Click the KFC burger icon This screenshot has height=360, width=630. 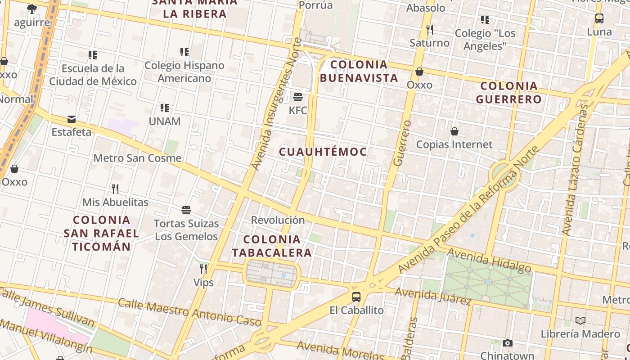(x=297, y=97)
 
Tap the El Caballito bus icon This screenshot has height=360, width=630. (x=356, y=297)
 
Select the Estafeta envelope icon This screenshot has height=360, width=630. (x=71, y=119)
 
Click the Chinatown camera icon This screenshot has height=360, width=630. (x=508, y=343)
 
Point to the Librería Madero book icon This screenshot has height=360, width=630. (x=580, y=320)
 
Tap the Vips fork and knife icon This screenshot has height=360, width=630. (x=203, y=269)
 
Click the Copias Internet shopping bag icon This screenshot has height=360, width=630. (x=454, y=131)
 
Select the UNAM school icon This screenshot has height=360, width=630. (x=165, y=108)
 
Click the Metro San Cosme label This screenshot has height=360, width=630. (x=137, y=158)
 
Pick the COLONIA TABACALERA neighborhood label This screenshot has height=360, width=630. (x=272, y=246)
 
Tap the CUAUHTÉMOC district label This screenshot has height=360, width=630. (x=323, y=152)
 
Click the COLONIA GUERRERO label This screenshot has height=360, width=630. (x=509, y=92)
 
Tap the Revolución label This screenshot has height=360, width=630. (x=278, y=220)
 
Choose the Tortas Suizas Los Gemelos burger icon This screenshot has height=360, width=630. (x=186, y=210)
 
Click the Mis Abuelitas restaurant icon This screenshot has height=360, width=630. (x=115, y=189)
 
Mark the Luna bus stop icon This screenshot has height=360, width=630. (x=599, y=19)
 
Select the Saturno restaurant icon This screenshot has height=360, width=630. (x=430, y=30)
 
